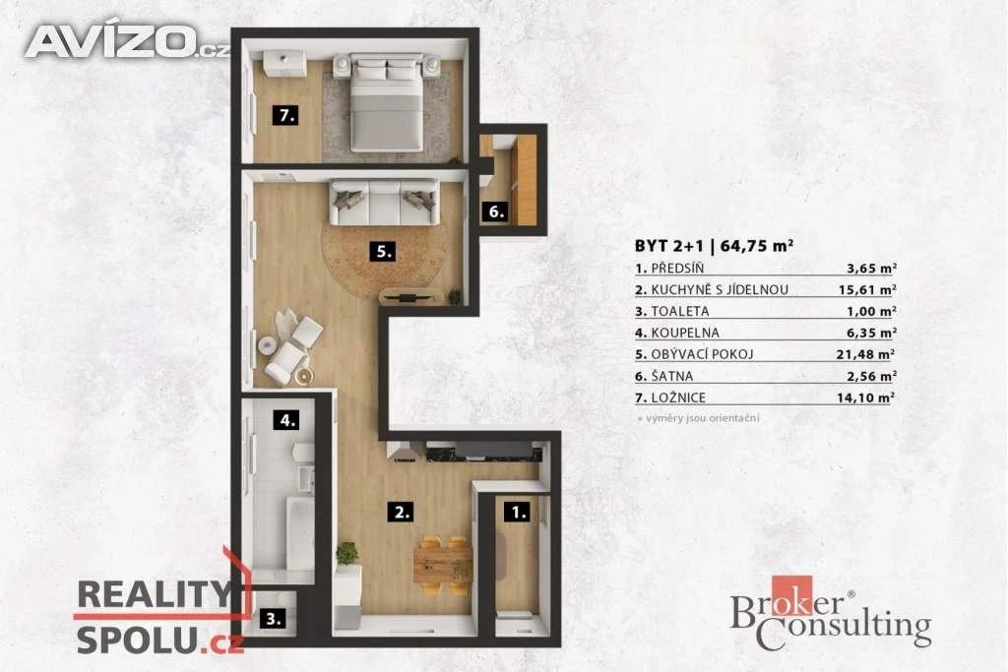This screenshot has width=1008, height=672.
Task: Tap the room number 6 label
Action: (496, 212)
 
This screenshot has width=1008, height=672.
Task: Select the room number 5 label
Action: (383, 252)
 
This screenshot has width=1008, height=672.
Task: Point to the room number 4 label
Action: (286, 421)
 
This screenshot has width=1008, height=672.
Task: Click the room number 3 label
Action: (274, 619)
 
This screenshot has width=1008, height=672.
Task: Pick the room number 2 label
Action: (401, 512)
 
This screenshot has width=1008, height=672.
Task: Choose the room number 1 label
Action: (518, 512)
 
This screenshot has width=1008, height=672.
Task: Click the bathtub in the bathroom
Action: (299, 533)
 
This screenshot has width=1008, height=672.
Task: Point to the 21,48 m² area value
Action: (866, 354)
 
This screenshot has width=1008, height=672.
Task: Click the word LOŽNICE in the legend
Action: (678, 397)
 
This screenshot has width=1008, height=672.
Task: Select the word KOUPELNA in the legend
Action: (685, 333)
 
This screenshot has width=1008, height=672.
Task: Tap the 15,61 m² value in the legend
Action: (867, 289)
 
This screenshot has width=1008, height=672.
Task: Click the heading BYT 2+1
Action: (669, 246)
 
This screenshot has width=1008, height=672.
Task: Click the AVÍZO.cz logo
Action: (126, 41)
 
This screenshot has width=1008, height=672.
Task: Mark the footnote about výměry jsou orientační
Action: (698, 418)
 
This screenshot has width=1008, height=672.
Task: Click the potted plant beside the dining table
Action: (347, 554)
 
